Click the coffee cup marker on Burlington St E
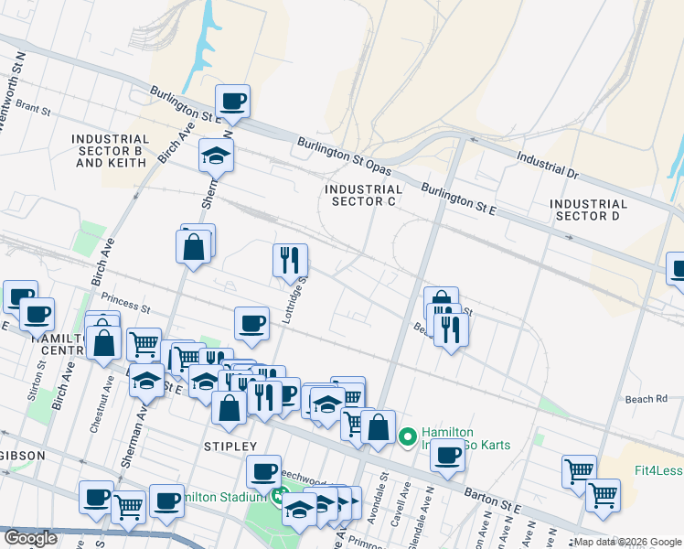pos(232,101)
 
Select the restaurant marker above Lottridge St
pos(290,260)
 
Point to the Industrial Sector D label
pos(590,210)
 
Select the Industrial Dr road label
pos(548,165)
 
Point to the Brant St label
pos(32,108)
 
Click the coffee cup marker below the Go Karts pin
pos(447,454)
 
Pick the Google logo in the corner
pos(30,538)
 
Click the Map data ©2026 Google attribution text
pos(626,543)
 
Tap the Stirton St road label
pos(42,375)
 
